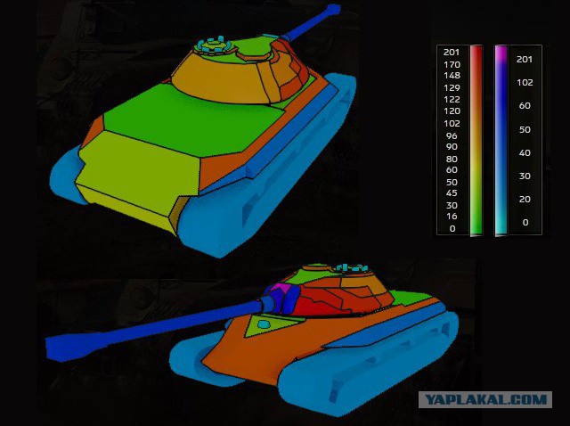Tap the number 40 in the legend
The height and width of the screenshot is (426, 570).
(525, 152)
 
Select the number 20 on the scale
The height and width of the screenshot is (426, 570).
(525, 199)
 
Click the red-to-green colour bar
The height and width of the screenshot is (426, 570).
(476, 140)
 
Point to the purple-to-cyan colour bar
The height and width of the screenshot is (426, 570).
(501, 140)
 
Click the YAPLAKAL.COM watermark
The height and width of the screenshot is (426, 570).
(485, 401)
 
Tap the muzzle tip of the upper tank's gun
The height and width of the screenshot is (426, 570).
(333, 11)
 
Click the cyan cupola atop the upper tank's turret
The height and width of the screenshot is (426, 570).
(214, 43)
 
